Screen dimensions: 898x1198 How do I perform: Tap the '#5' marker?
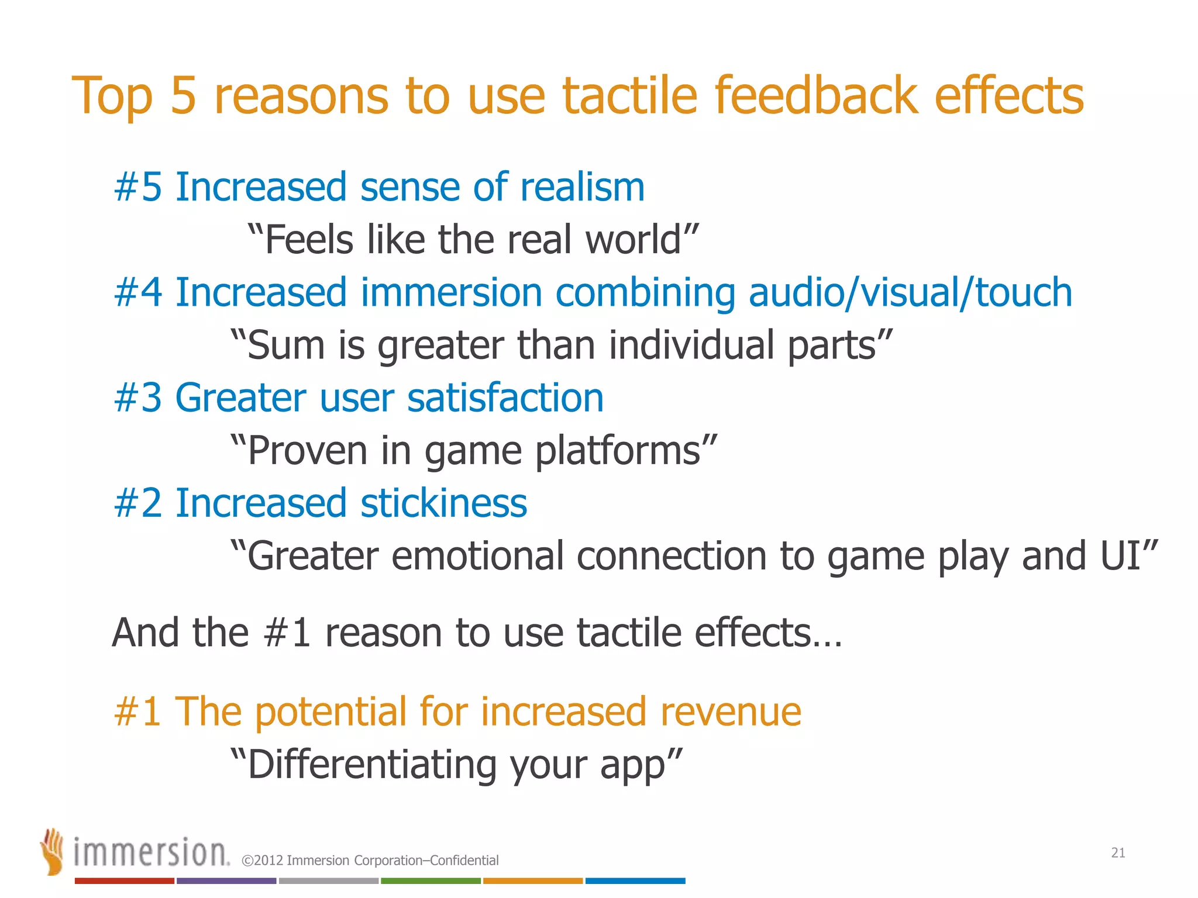[138, 187]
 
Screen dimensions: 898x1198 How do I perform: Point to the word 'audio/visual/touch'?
[910, 292]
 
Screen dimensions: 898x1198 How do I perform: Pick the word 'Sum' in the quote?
[285, 345]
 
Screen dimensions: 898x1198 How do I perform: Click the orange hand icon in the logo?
[52, 851]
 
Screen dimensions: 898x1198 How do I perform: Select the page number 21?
[1118, 853]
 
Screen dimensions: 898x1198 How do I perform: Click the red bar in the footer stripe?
[125, 880]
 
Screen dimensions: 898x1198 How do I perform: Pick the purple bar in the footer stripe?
[226, 880]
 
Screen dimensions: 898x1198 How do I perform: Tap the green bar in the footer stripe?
[431, 880]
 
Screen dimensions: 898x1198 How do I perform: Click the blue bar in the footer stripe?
[635, 880]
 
